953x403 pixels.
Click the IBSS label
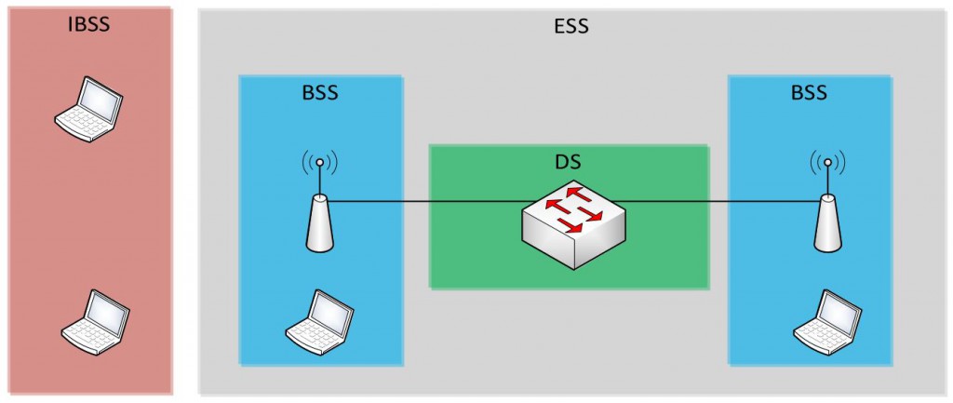[x=88, y=24]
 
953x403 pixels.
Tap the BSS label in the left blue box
[x=319, y=93]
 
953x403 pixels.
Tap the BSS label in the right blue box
[x=808, y=93]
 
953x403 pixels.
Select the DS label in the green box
[x=568, y=162]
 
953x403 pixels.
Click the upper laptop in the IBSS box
[x=88, y=108]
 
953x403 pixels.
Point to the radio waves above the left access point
[x=319, y=163]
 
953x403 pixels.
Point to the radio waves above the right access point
[x=826, y=163]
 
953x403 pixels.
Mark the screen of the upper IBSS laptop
[x=99, y=96]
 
